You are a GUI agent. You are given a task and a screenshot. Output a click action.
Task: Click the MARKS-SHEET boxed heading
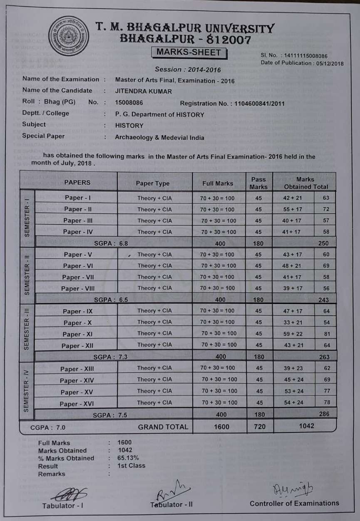pos(189,52)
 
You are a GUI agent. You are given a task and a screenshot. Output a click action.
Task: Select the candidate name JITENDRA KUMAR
pos(143,91)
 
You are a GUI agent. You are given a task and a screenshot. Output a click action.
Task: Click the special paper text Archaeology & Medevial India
pos(159,137)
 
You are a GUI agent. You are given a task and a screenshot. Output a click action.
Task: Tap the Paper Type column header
pos(153,183)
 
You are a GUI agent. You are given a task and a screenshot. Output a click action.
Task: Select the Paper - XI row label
pos(77,334)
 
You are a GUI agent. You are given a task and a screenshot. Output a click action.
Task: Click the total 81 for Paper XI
pos(326,333)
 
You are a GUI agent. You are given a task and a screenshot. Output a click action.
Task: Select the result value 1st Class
pos(131,466)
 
